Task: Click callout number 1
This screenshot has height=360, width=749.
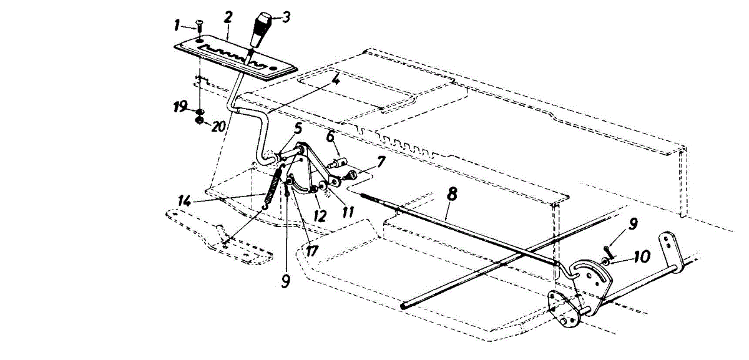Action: [177, 26]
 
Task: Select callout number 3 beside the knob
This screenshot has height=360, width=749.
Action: [286, 17]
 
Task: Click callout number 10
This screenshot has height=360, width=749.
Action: [640, 256]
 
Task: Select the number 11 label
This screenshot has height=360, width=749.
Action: [348, 212]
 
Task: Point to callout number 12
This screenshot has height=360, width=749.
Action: [320, 216]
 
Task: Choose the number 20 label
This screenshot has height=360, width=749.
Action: [218, 125]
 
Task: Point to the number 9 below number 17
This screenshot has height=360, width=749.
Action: [285, 281]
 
